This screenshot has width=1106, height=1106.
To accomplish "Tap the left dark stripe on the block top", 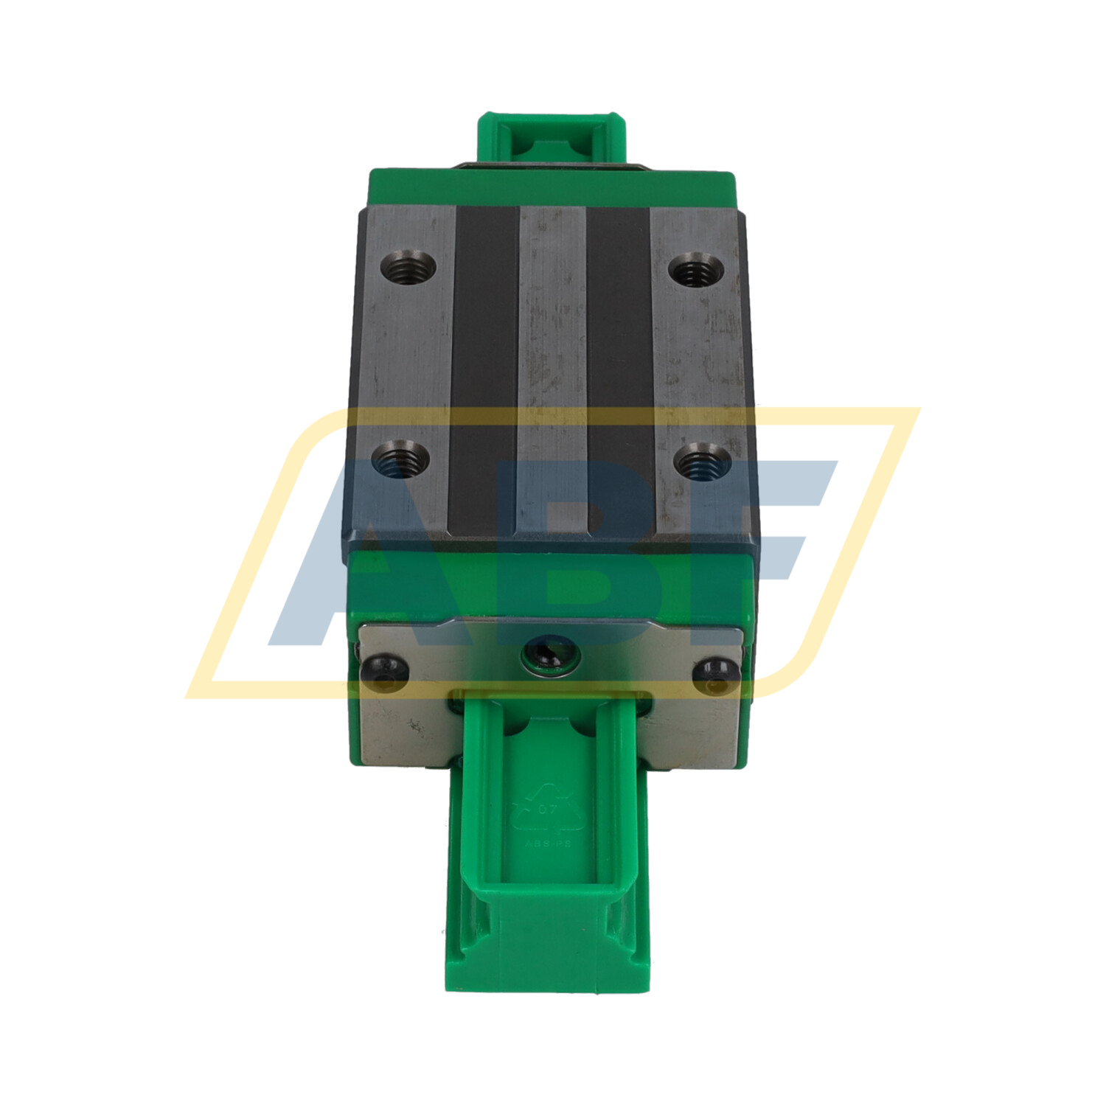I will [484, 369].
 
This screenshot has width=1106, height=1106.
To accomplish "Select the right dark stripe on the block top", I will [619, 369].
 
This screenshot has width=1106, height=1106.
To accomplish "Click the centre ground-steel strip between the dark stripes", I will [552, 369].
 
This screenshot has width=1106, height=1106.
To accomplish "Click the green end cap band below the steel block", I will [552, 582].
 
